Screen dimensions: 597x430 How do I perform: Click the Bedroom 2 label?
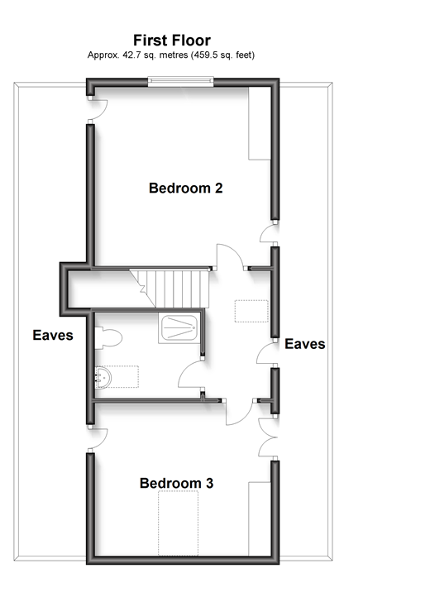[x=185, y=189]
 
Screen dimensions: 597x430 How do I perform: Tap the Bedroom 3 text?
[x=177, y=483]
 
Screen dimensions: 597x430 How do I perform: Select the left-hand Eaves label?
[x=53, y=336]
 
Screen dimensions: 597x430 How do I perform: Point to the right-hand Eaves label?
[x=304, y=344]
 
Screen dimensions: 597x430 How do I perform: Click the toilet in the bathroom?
[x=107, y=336]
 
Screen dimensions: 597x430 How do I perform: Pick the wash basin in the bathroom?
[x=103, y=377]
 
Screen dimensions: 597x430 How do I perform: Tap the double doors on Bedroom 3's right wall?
[x=268, y=435]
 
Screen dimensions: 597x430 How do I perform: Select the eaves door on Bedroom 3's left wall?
[x=97, y=439]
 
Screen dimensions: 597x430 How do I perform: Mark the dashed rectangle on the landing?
[x=252, y=311]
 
